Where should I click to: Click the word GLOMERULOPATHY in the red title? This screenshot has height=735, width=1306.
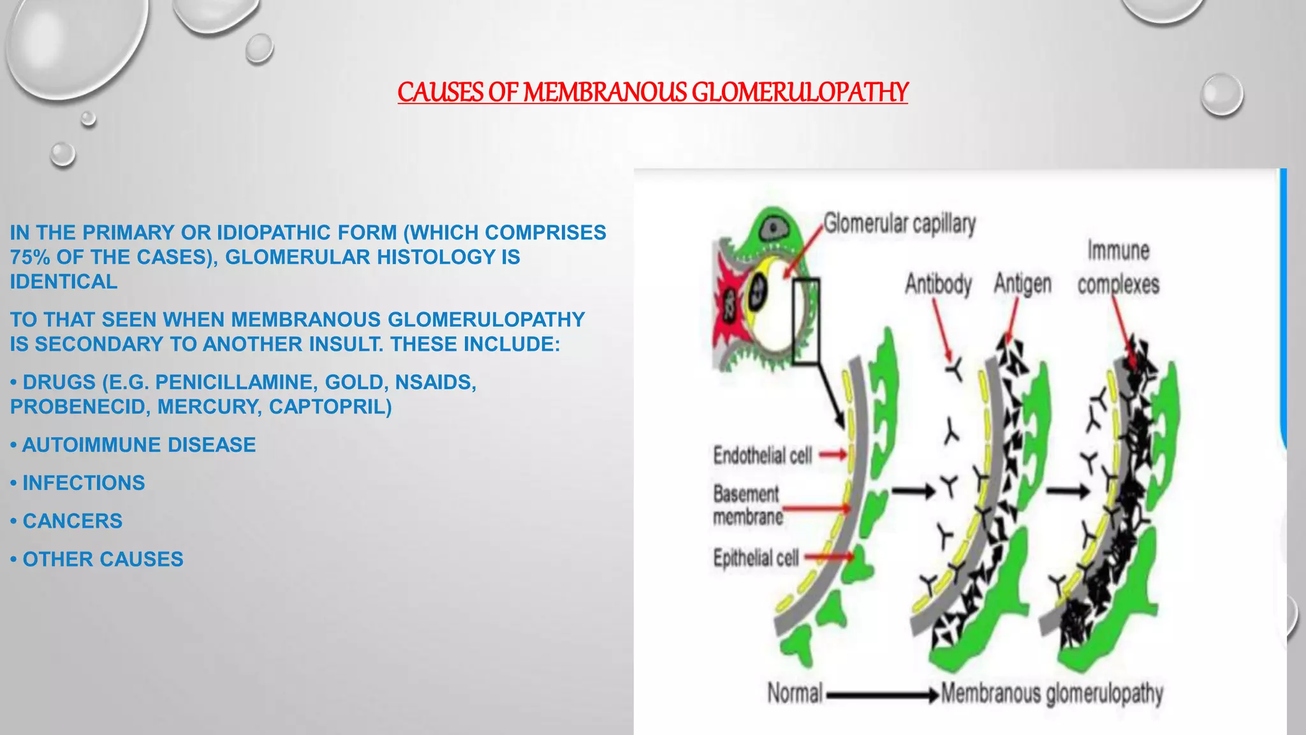coord(800,93)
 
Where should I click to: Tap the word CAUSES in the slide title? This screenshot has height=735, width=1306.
coord(441,93)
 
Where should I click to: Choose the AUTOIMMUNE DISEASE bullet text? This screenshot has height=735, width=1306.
coord(139,445)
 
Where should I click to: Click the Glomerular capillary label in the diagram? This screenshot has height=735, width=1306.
coord(899,224)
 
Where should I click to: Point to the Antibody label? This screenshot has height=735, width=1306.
coord(938,284)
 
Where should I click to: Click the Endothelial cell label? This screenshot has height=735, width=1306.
coord(763,456)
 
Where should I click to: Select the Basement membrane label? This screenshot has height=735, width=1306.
coord(748,505)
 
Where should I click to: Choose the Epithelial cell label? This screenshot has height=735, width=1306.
coord(756,558)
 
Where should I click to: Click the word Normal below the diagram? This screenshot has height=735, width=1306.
coord(795,693)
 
